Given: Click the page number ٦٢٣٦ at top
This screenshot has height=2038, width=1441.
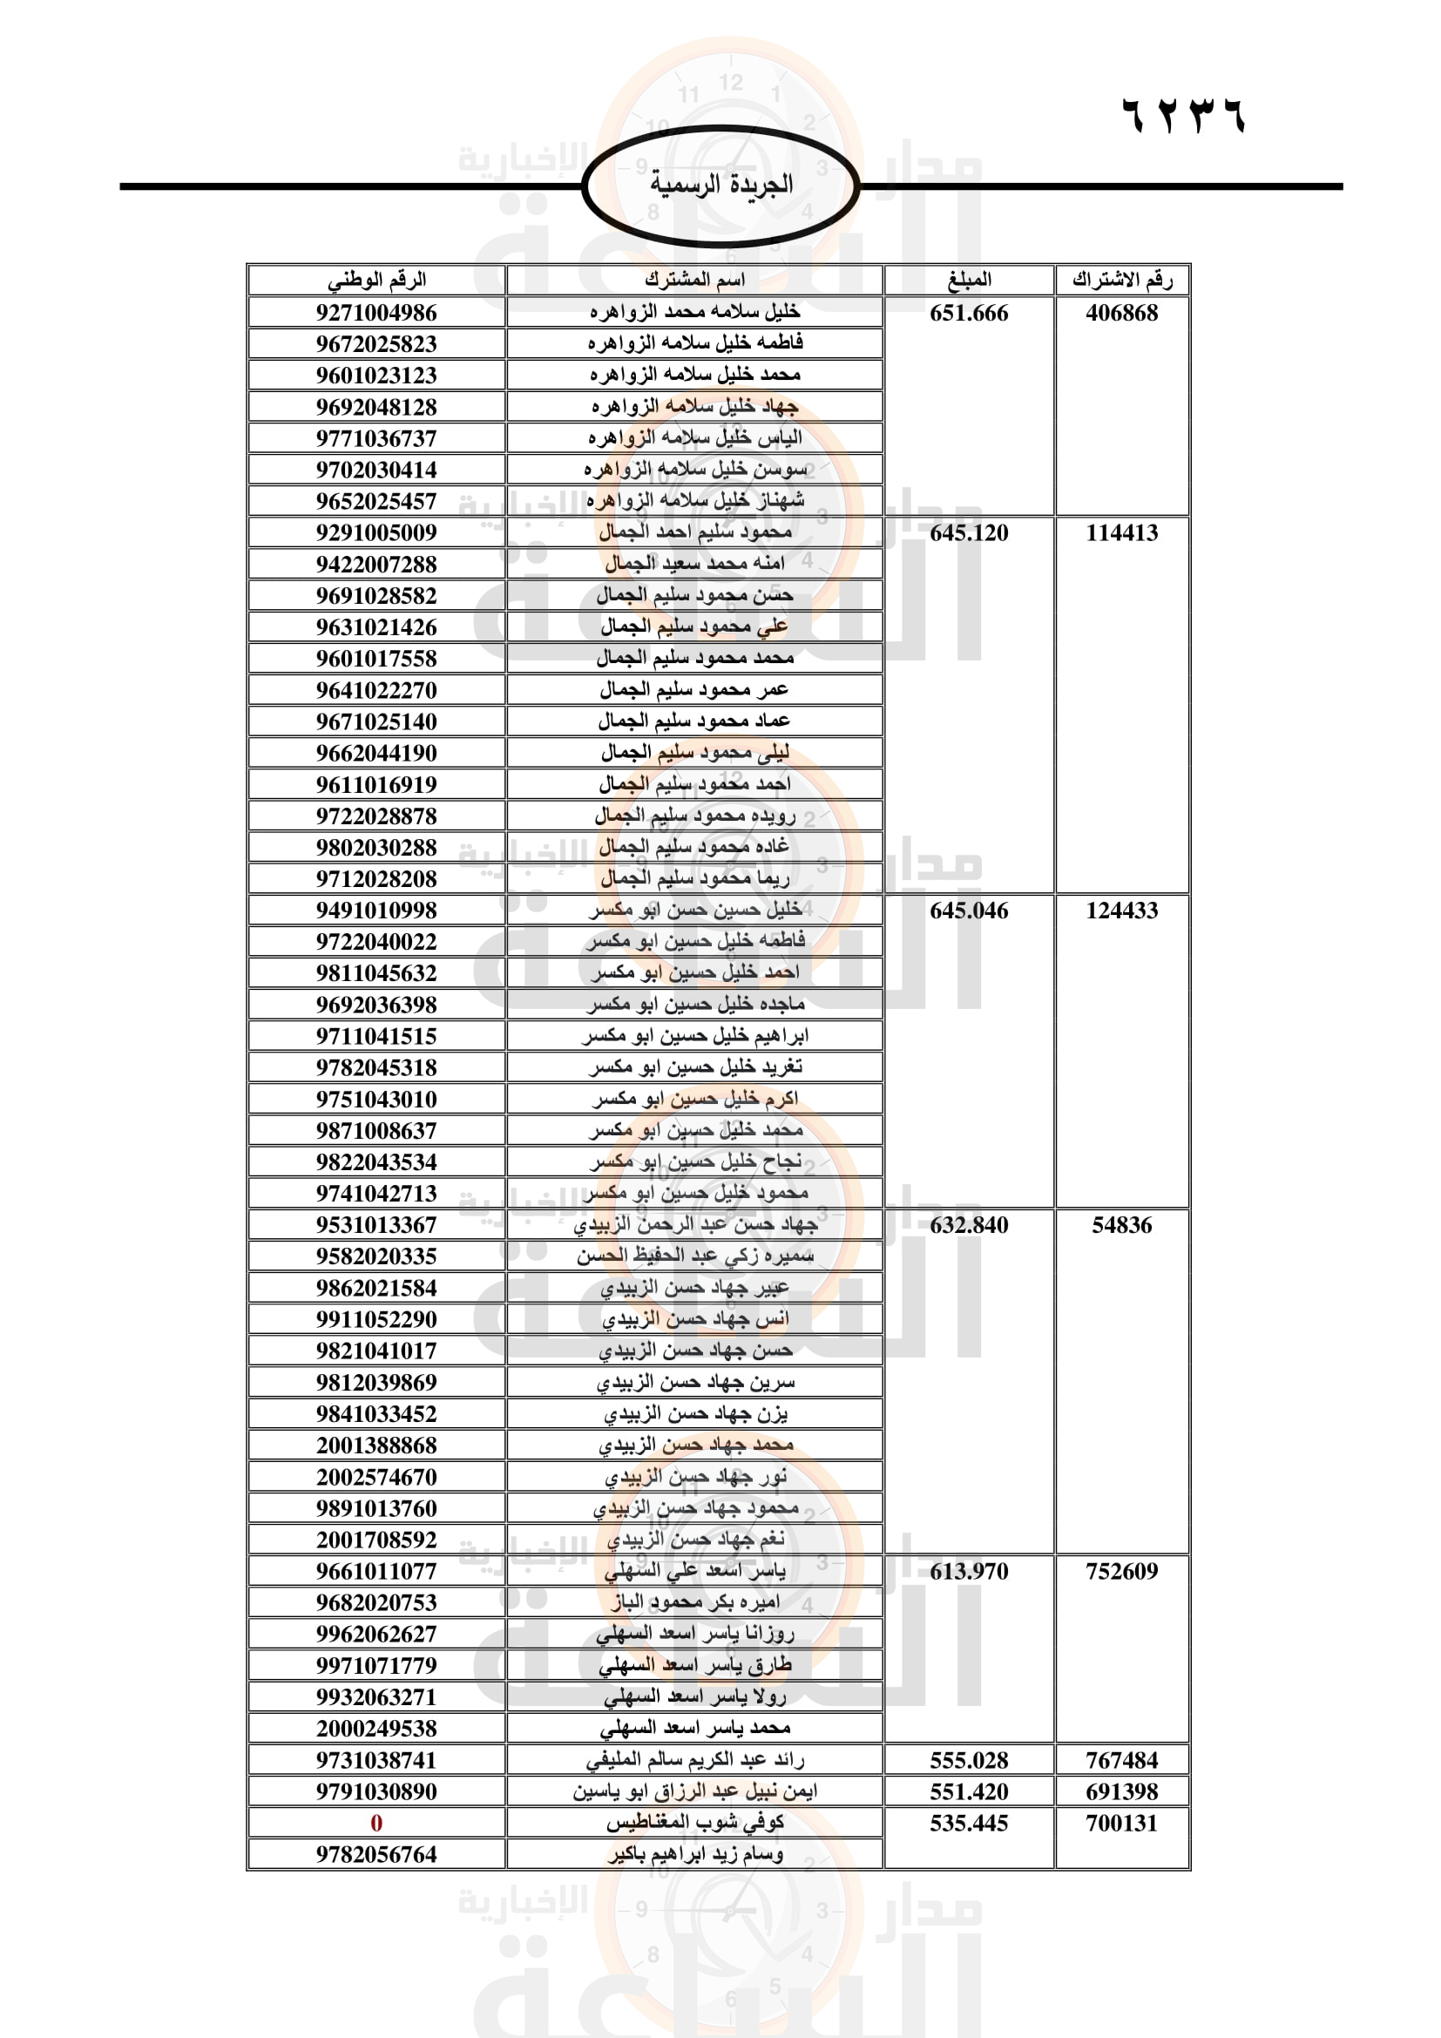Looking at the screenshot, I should pos(1184,116).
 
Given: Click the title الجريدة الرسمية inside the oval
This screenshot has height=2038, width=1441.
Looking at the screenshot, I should pos(720,185).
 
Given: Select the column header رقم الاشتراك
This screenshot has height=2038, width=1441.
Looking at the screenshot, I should pos(1121,281).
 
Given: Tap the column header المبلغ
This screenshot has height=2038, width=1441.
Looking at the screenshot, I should pos(969,281).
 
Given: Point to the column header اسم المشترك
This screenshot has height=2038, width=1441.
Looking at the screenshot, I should pos(694,281).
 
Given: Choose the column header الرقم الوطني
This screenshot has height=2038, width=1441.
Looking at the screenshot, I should pos(376,281).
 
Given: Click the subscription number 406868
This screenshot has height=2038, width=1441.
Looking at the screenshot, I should pos(1121,313).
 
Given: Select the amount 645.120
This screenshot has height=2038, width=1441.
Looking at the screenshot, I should pos(969,532).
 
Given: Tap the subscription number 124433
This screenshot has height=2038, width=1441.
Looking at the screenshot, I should pos(1121,910).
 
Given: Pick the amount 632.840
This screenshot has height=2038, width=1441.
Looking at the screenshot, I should pos(969,1225).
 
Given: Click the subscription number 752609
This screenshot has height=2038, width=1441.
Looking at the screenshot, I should pos(1121,1571).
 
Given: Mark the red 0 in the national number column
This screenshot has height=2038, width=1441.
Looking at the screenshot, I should pos(376,1823).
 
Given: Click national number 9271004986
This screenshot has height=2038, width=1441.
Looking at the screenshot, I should pos(376,313).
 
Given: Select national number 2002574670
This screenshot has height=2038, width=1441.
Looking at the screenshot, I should pos(376,1477).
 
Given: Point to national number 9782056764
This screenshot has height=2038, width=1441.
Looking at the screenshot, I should pos(376,1854).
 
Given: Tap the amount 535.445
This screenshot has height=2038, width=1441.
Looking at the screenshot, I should pos(969,1823).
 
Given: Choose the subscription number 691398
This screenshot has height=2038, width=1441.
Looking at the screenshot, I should pos(1121,1791).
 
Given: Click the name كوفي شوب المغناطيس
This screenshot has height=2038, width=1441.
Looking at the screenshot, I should pos(694,1823).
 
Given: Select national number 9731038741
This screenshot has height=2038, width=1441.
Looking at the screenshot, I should pos(376,1760).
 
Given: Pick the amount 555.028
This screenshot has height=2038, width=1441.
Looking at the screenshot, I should pos(969,1760).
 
